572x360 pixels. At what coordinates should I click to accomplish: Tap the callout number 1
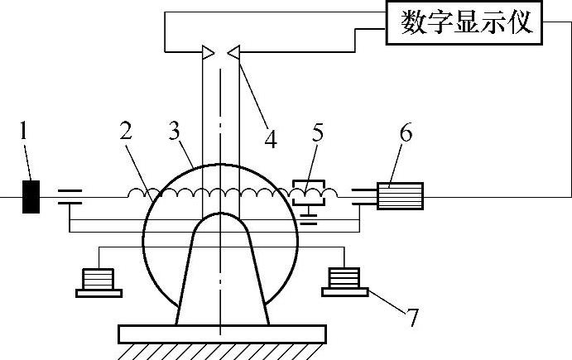coord(25,130)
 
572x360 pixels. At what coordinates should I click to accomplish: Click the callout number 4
coord(270,137)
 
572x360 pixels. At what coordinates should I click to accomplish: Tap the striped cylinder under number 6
coord(401,196)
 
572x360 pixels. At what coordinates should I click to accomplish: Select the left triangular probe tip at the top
coord(208,53)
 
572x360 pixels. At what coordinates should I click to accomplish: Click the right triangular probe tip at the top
coord(233,53)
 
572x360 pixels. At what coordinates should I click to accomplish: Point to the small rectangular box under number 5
coord(310,191)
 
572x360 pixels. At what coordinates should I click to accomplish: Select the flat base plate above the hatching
coord(222,334)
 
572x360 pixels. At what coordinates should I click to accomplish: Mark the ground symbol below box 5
coord(311,217)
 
